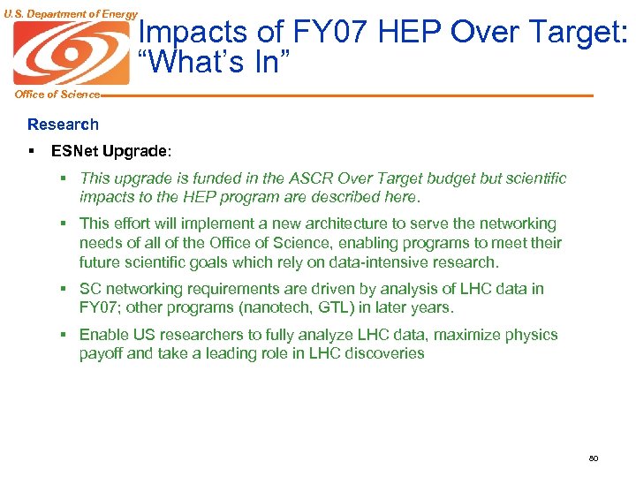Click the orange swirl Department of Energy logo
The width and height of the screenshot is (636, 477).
click(72, 52)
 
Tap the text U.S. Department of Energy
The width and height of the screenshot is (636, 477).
click(71, 13)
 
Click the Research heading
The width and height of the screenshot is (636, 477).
click(63, 125)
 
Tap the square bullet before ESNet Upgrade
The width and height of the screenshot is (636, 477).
click(31, 151)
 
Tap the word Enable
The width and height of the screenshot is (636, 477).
click(102, 335)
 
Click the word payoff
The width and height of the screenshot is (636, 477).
click(102, 353)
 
